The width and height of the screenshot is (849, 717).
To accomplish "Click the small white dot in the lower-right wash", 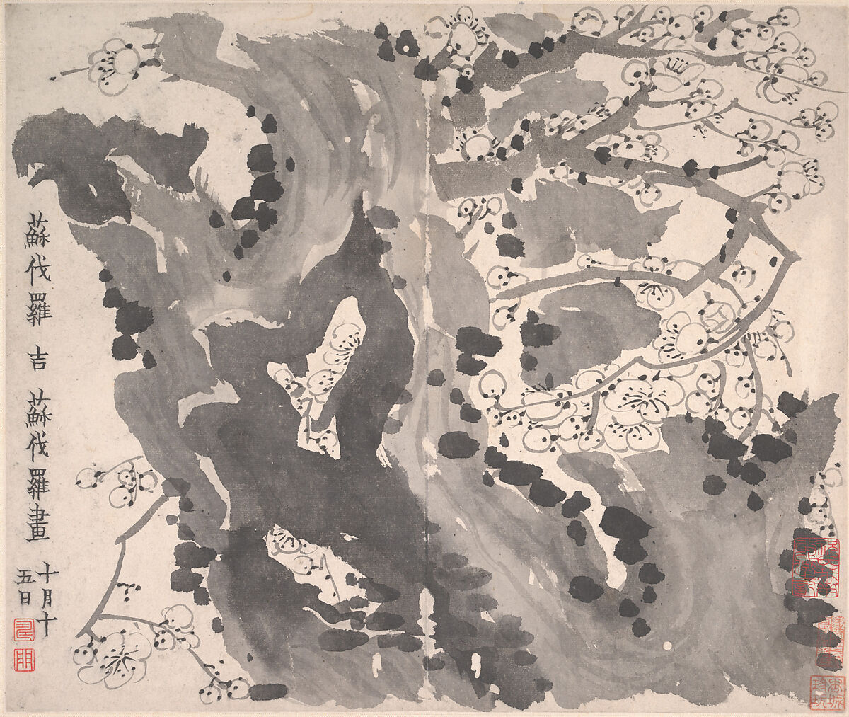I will click(669, 646).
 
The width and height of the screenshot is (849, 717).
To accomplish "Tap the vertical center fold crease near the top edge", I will click(429, 42).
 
